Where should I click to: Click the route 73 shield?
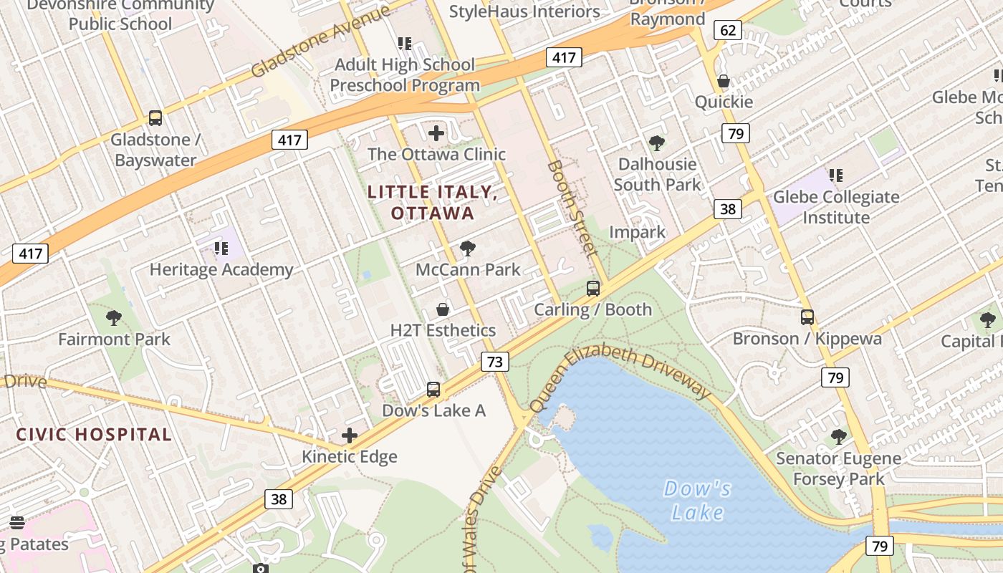coord(495,362)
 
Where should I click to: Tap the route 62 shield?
coord(727,30)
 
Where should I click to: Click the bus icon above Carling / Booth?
coord(593,289)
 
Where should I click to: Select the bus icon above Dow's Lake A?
coord(433,390)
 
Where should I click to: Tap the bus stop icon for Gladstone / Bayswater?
coord(155,118)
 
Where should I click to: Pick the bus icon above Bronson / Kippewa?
coord(807,317)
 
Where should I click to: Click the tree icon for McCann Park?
coord(468,249)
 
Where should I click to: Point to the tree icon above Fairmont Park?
coord(114,317)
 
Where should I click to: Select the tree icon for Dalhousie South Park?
coord(656,143)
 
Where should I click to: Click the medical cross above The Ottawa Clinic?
coord(436,133)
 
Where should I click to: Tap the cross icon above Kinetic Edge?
coord(350,435)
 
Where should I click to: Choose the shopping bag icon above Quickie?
coord(724,81)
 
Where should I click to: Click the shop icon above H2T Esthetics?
coord(443,309)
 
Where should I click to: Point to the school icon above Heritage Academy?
coord(221,249)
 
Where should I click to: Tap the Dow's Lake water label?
coord(697,500)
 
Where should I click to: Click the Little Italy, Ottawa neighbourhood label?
coord(432,203)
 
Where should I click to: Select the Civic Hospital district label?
coord(94,434)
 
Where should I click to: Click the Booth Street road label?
coord(572,208)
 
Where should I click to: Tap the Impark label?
coord(637,232)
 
